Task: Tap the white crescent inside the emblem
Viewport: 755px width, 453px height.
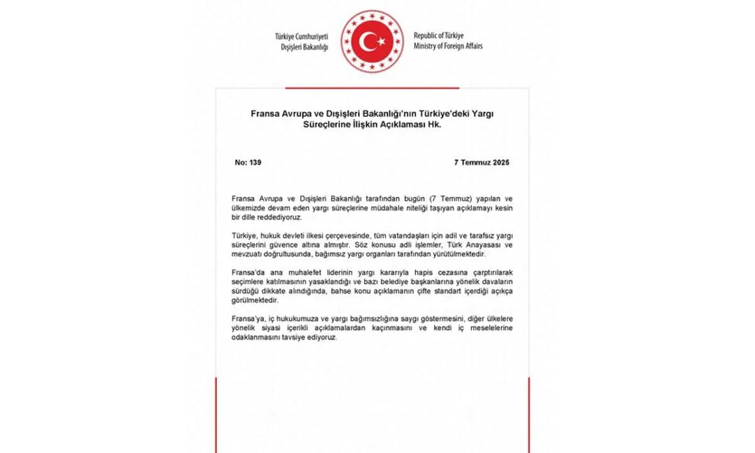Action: (369, 42)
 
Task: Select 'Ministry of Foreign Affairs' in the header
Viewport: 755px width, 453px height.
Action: (448, 47)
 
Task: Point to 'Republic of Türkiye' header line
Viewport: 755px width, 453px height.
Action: (440, 36)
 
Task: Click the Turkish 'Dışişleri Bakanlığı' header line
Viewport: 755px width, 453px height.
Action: (305, 47)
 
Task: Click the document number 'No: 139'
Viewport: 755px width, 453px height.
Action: (248, 162)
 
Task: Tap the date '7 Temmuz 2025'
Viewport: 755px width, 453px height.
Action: (481, 162)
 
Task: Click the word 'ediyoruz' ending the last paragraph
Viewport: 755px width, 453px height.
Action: (323, 338)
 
